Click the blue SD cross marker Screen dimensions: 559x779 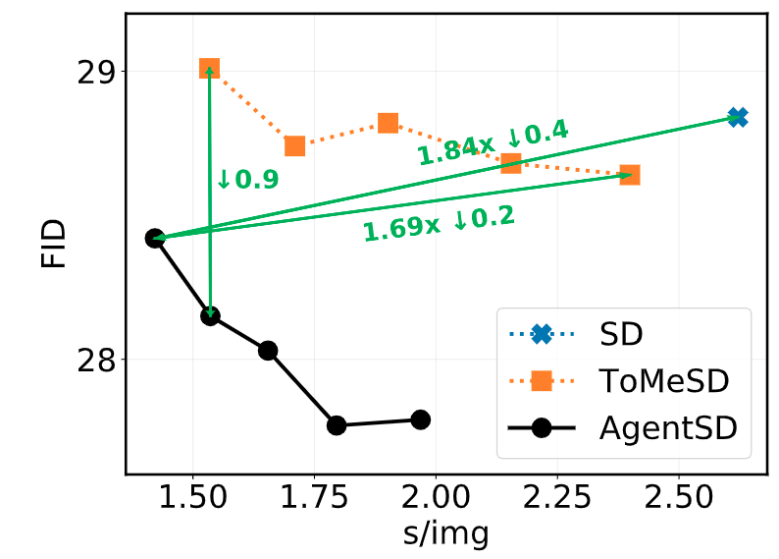[x=738, y=117]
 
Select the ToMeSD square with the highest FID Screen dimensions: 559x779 [x=209, y=69]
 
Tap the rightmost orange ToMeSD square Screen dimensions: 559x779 [x=630, y=175]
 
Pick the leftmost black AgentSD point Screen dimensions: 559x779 [x=154, y=238]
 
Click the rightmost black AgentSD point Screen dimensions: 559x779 [x=421, y=419]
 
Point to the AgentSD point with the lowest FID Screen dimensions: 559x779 [x=337, y=425]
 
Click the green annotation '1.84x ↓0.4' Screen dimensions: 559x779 [x=493, y=142]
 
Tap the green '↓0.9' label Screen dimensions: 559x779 [x=247, y=180]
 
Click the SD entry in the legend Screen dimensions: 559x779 [x=620, y=334]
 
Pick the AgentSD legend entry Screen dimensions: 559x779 [x=668, y=429]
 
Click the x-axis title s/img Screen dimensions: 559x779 [x=446, y=534]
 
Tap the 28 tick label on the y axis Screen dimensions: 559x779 [x=95, y=360]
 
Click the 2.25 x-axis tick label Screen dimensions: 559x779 [x=556, y=499]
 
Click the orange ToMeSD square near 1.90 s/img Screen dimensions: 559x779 [x=388, y=123]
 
